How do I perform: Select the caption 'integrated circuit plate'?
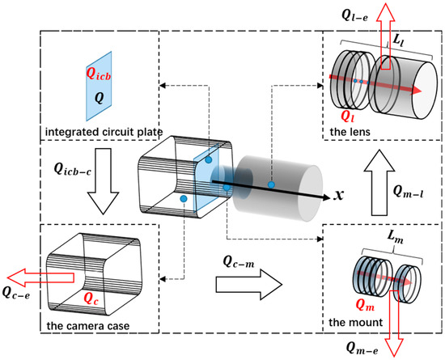(x=95, y=132)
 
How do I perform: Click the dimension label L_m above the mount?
(x=396, y=236)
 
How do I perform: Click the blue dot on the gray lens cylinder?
(x=271, y=185)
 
